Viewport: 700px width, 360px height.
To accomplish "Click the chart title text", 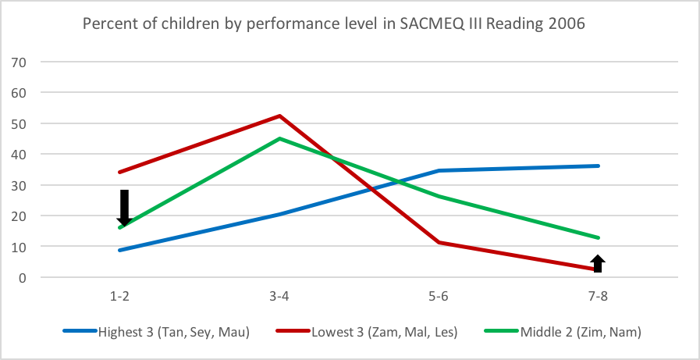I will [x=334, y=23].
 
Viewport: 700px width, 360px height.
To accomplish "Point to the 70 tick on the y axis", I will [x=17, y=62].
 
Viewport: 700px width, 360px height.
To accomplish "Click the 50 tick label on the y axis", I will [x=17, y=123].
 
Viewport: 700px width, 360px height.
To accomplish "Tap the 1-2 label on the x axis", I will [x=119, y=297].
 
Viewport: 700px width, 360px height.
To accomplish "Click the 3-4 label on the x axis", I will [x=279, y=297].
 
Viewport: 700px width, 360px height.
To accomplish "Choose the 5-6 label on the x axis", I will [x=439, y=297].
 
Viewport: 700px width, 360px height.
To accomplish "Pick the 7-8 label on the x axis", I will [x=598, y=297].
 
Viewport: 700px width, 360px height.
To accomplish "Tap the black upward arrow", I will [x=598, y=263].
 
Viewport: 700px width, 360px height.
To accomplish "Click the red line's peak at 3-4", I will [x=279, y=116].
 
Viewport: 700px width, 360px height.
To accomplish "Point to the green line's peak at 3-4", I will [x=279, y=139].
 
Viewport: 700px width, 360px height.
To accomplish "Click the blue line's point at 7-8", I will [x=598, y=166].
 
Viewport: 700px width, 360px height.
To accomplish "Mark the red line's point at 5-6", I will [x=439, y=242].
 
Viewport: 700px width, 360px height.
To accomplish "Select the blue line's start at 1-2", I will [x=119, y=250].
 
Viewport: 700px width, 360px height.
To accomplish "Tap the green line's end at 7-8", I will [x=598, y=237].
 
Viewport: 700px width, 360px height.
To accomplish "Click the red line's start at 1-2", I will [x=119, y=172].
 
